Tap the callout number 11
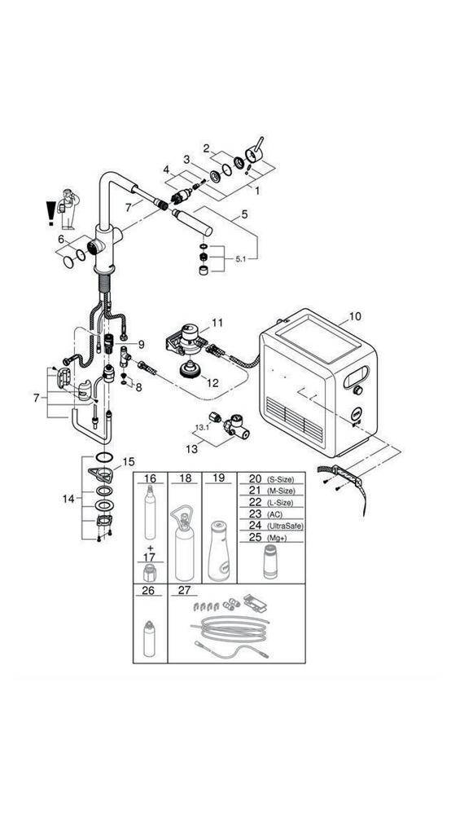(217, 323)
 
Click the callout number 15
(127, 462)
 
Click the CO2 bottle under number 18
(186, 544)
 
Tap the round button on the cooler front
(355, 413)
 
